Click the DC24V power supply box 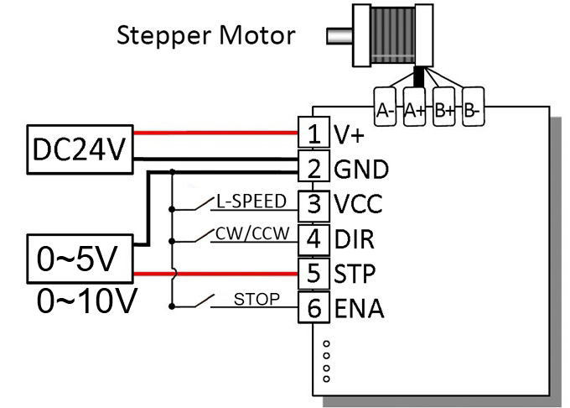point(78,149)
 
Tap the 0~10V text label point(86,300)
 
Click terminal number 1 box point(313,133)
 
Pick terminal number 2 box point(313,168)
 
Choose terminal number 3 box point(313,203)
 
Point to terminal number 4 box point(313,238)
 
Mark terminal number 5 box point(313,274)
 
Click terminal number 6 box point(313,308)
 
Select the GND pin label point(361,169)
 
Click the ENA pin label point(359,309)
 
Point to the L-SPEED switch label point(251,201)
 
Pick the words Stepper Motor point(205,36)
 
